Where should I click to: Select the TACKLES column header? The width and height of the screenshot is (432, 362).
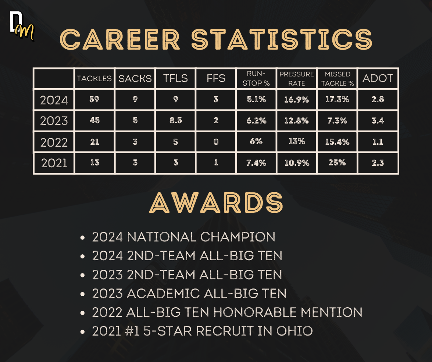[x=94, y=79]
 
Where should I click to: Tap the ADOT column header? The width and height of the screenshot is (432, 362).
[x=378, y=78]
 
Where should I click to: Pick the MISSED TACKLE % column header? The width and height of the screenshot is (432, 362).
[x=338, y=79]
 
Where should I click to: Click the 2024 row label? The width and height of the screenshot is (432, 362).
[x=54, y=100]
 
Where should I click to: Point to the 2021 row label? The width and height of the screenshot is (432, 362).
[x=54, y=163]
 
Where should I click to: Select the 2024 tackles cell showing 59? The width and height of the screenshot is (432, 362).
[x=94, y=99]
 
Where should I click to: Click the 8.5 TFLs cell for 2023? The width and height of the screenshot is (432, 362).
[x=175, y=121]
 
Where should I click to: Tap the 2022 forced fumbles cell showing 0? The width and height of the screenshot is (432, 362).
[x=216, y=142]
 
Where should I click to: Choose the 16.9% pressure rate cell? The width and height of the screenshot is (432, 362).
[x=296, y=100]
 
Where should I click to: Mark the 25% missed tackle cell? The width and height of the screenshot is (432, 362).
[x=337, y=162]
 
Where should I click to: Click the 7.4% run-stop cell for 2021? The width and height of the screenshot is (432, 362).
[x=256, y=163]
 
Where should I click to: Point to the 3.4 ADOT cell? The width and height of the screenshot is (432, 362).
[x=378, y=121]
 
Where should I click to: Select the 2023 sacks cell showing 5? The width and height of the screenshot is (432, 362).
[x=135, y=121]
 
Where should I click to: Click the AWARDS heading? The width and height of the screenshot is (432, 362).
[x=216, y=202]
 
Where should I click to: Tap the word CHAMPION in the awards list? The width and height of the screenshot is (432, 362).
[x=238, y=237]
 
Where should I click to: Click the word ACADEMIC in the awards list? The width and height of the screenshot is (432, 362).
[x=163, y=293]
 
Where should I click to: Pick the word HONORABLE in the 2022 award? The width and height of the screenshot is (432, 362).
[x=255, y=312]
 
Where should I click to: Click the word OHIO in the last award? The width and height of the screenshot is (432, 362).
[x=294, y=331]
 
